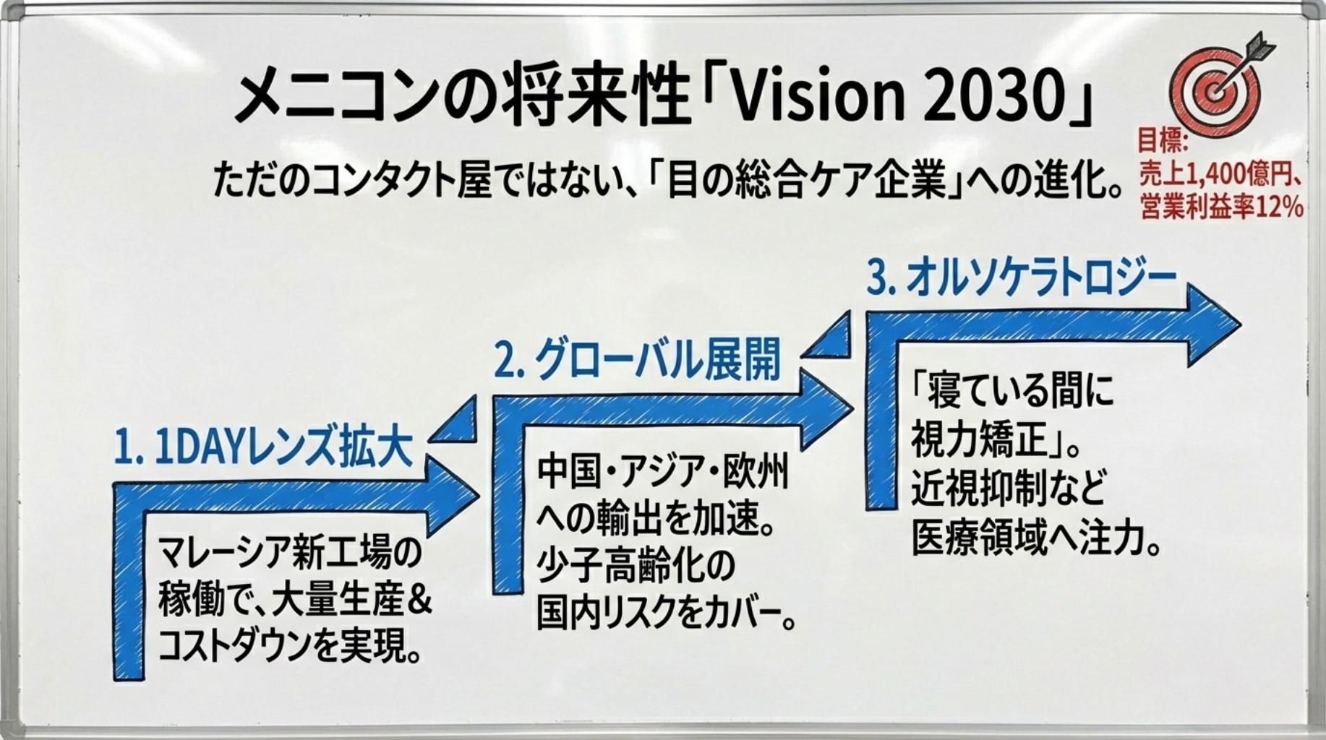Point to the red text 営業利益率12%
pos(1222,207)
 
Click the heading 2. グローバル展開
pos(638,359)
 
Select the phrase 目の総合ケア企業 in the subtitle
pos(807,181)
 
